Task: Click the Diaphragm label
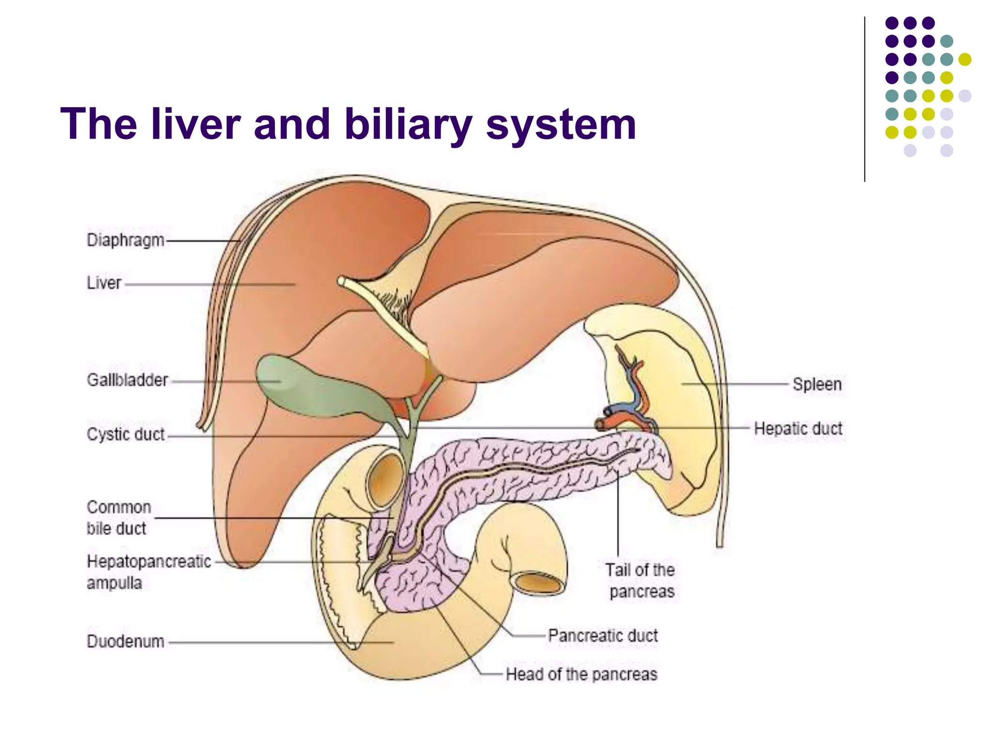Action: coord(126,240)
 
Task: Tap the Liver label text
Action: coord(104,283)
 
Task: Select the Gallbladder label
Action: coord(128,380)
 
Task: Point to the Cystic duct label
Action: coord(126,434)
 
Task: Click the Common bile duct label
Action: coord(118,518)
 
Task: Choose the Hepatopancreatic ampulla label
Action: coord(148,572)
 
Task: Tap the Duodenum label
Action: coord(126,641)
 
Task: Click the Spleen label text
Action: coord(817,384)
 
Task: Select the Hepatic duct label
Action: coord(798,429)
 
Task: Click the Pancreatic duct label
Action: coord(603,635)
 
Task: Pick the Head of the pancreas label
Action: coord(581,674)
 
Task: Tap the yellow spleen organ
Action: coord(679,368)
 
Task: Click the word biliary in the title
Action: coord(408,124)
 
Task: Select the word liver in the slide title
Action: coord(196,124)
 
